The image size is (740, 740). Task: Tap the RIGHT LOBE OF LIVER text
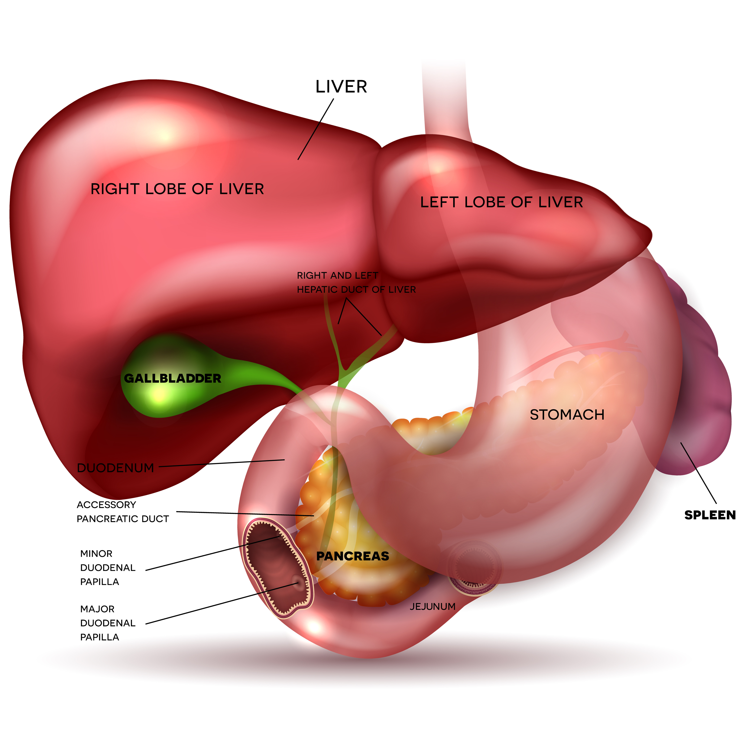tap(177, 189)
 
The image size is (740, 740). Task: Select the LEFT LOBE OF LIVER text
tap(502, 202)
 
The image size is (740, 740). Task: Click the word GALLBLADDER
tap(173, 379)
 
